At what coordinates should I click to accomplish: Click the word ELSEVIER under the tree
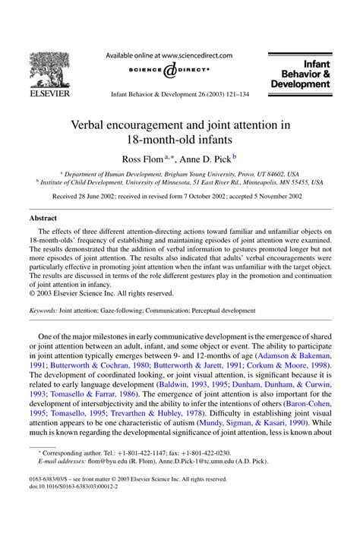(x=49, y=95)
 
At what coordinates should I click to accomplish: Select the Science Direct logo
(x=169, y=72)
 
